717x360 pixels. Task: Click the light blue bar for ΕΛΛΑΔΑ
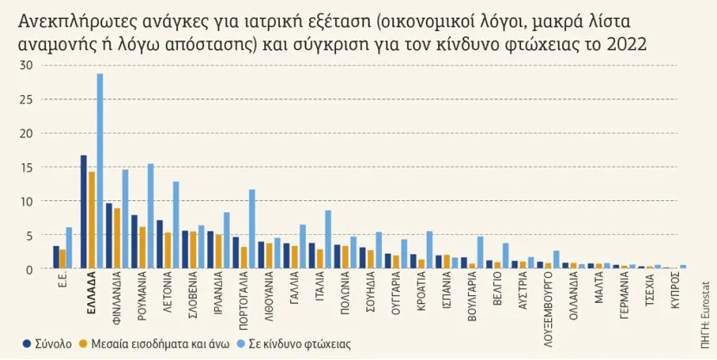coord(100,172)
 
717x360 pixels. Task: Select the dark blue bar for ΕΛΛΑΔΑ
coord(84,212)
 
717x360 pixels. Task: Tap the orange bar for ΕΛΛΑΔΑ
coord(92,221)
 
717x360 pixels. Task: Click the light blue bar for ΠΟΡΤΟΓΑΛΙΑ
coord(252,230)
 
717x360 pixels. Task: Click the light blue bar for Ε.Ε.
coord(70,249)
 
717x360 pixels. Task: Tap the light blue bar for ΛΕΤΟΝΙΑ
coord(176,225)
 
